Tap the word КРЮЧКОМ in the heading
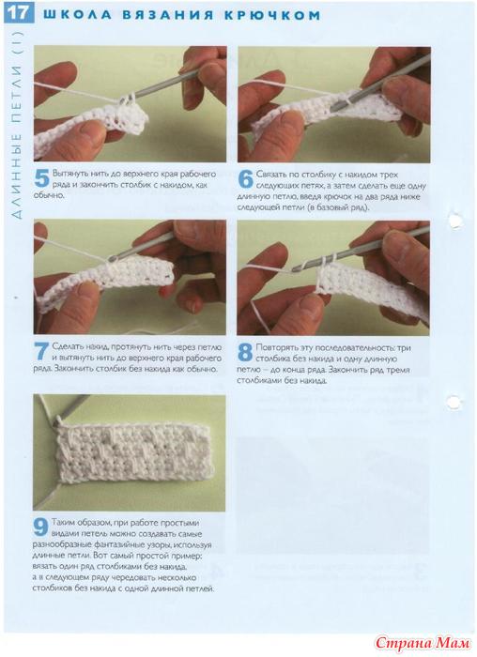coord(272,16)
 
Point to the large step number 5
coord(42,179)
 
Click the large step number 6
coord(246,180)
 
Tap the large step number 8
coord(245,353)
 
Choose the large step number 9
coord(41,527)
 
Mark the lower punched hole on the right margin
coord(454,402)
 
